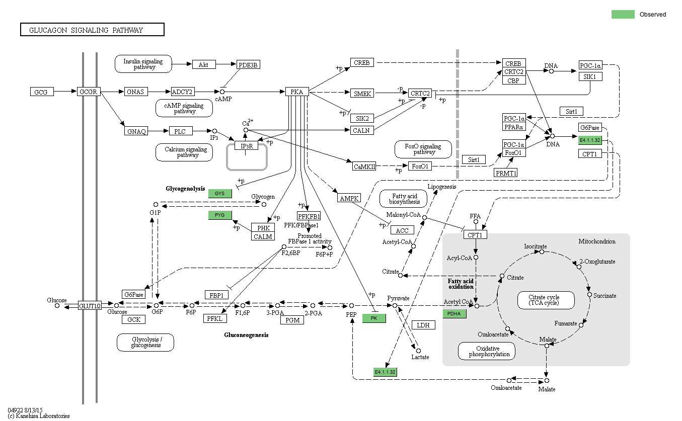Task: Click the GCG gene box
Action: pyautogui.click(x=42, y=92)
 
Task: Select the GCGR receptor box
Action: pyautogui.click(x=89, y=92)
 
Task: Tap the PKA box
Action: pyautogui.click(x=297, y=92)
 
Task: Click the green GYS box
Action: pyautogui.click(x=220, y=193)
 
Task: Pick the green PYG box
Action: pyautogui.click(x=220, y=215)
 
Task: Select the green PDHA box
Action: pyautogui.click(x=454, y=314)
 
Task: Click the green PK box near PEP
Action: pyautogui.click(x=374, y=318)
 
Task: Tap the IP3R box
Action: pyautogui.click(x=246, y=146)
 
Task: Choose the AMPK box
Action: pyautogui.click(x=348, y=198)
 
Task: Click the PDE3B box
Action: pyautogui.click(x=248, y=65)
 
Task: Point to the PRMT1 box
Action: pyautogui.click(x=506, y=173)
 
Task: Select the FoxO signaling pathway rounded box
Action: pyautogui.click(x=423, y=149)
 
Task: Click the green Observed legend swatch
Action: pyautogui.click(x=623, y=15)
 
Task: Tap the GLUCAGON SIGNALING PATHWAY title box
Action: pyautogui.click(x=92, y=30)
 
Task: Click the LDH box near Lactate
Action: pyautogui.click(x=423, y=325)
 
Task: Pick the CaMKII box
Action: pyautogui.click(x=364, y=166)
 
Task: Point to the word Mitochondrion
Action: pyautogui.click(x=596, y=241)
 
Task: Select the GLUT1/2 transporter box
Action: pyautogui.click(x=90, y=305)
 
